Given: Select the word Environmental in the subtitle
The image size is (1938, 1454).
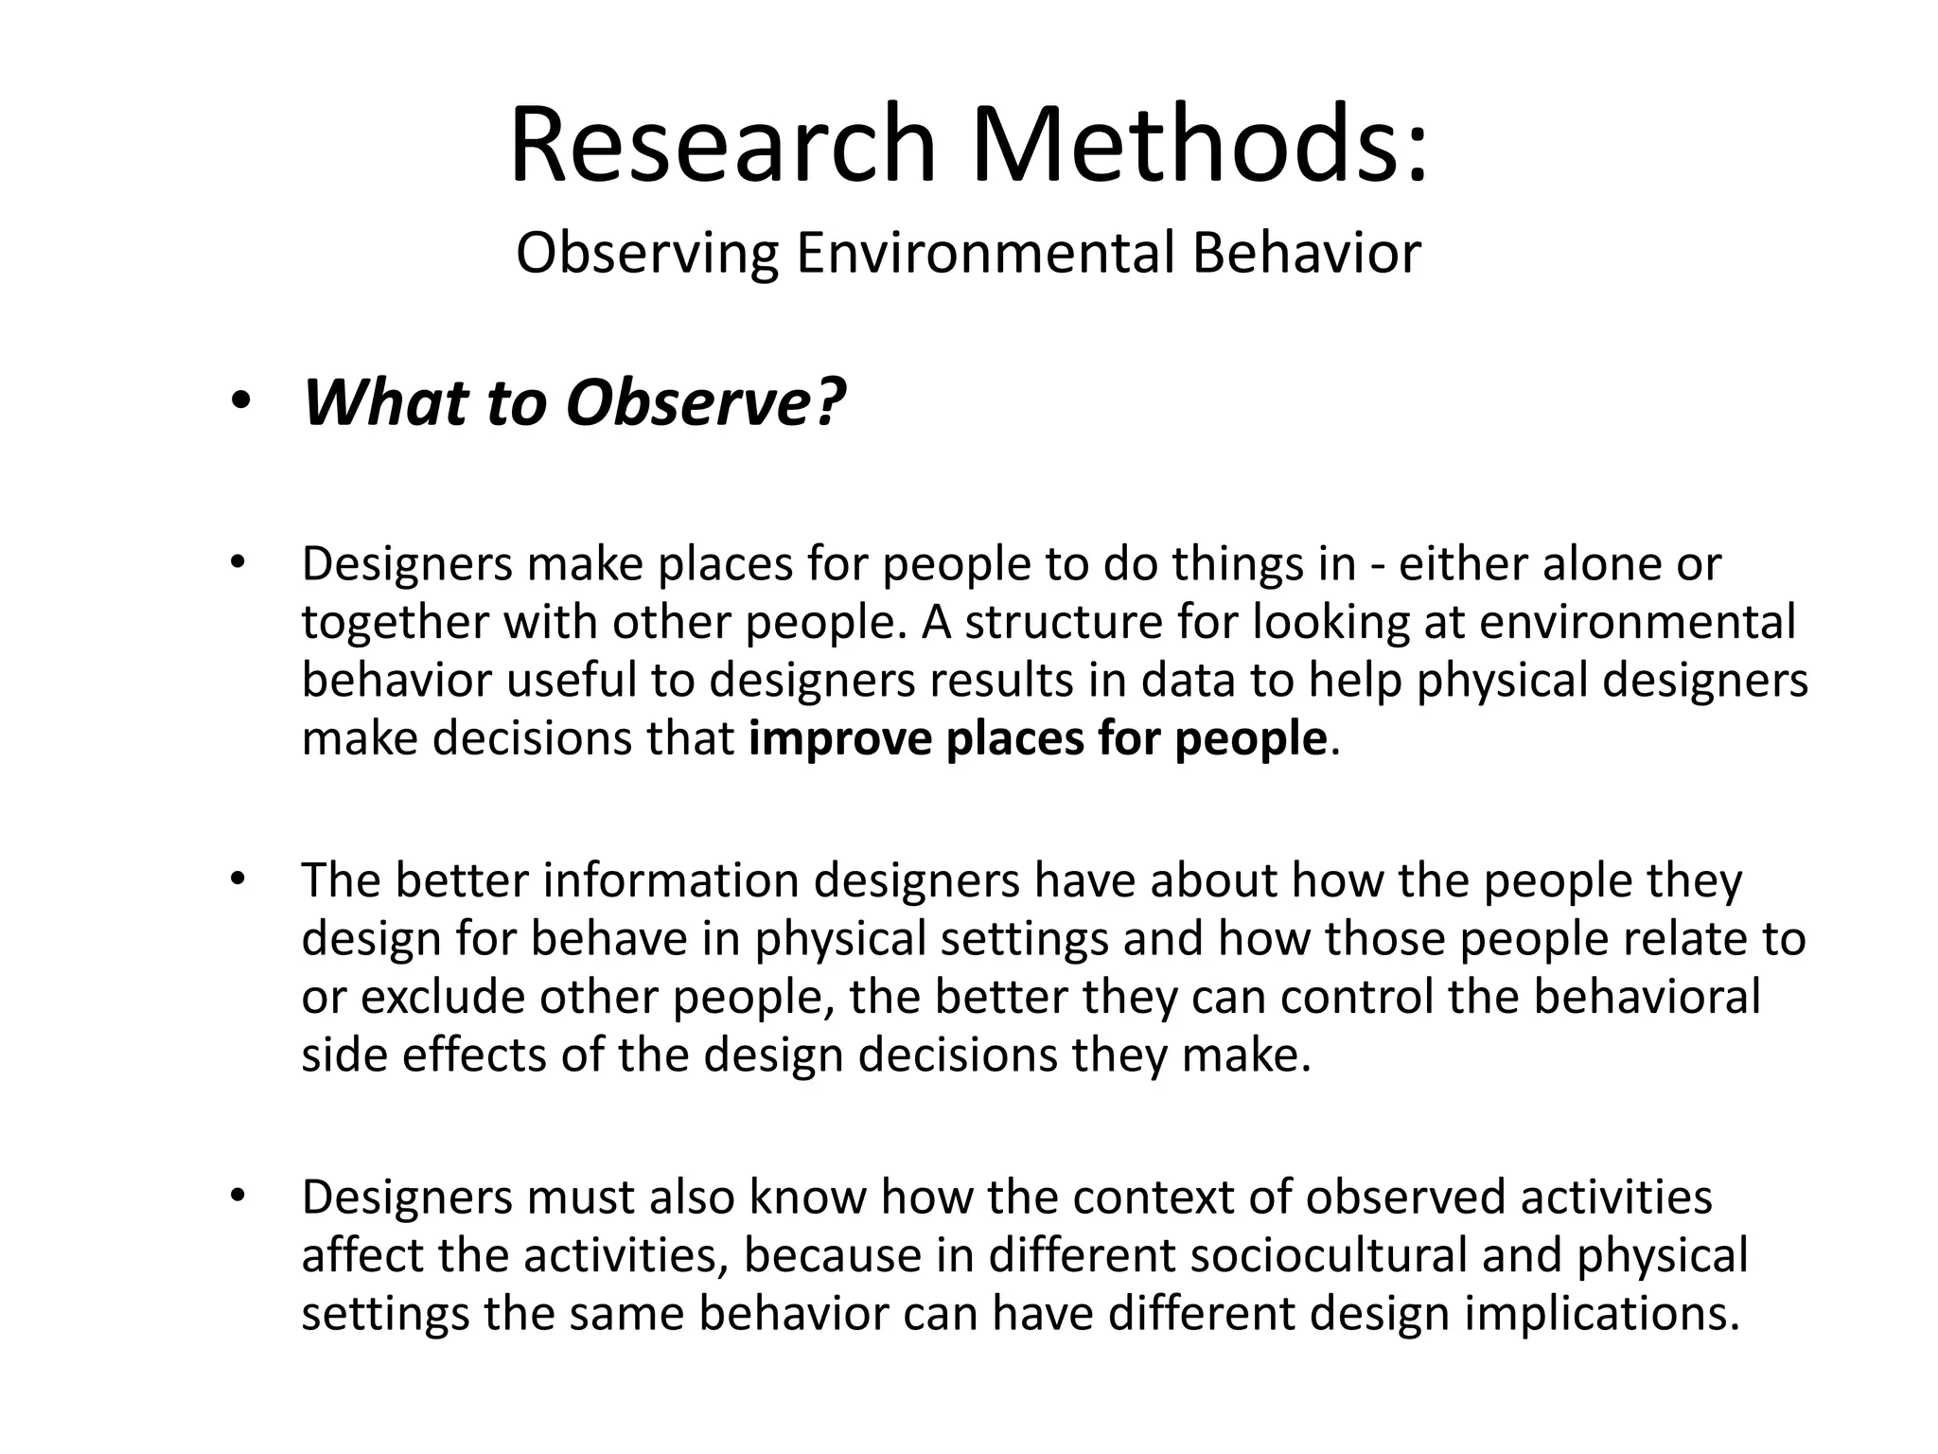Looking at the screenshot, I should pos(984,254).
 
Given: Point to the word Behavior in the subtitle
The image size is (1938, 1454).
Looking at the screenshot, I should pos(1306,254).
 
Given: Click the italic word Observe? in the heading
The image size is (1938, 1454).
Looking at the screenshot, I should pos(705,403).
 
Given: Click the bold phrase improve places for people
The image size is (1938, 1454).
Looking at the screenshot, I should pos(1037,738).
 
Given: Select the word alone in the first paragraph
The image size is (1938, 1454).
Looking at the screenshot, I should pos(1599,564).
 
